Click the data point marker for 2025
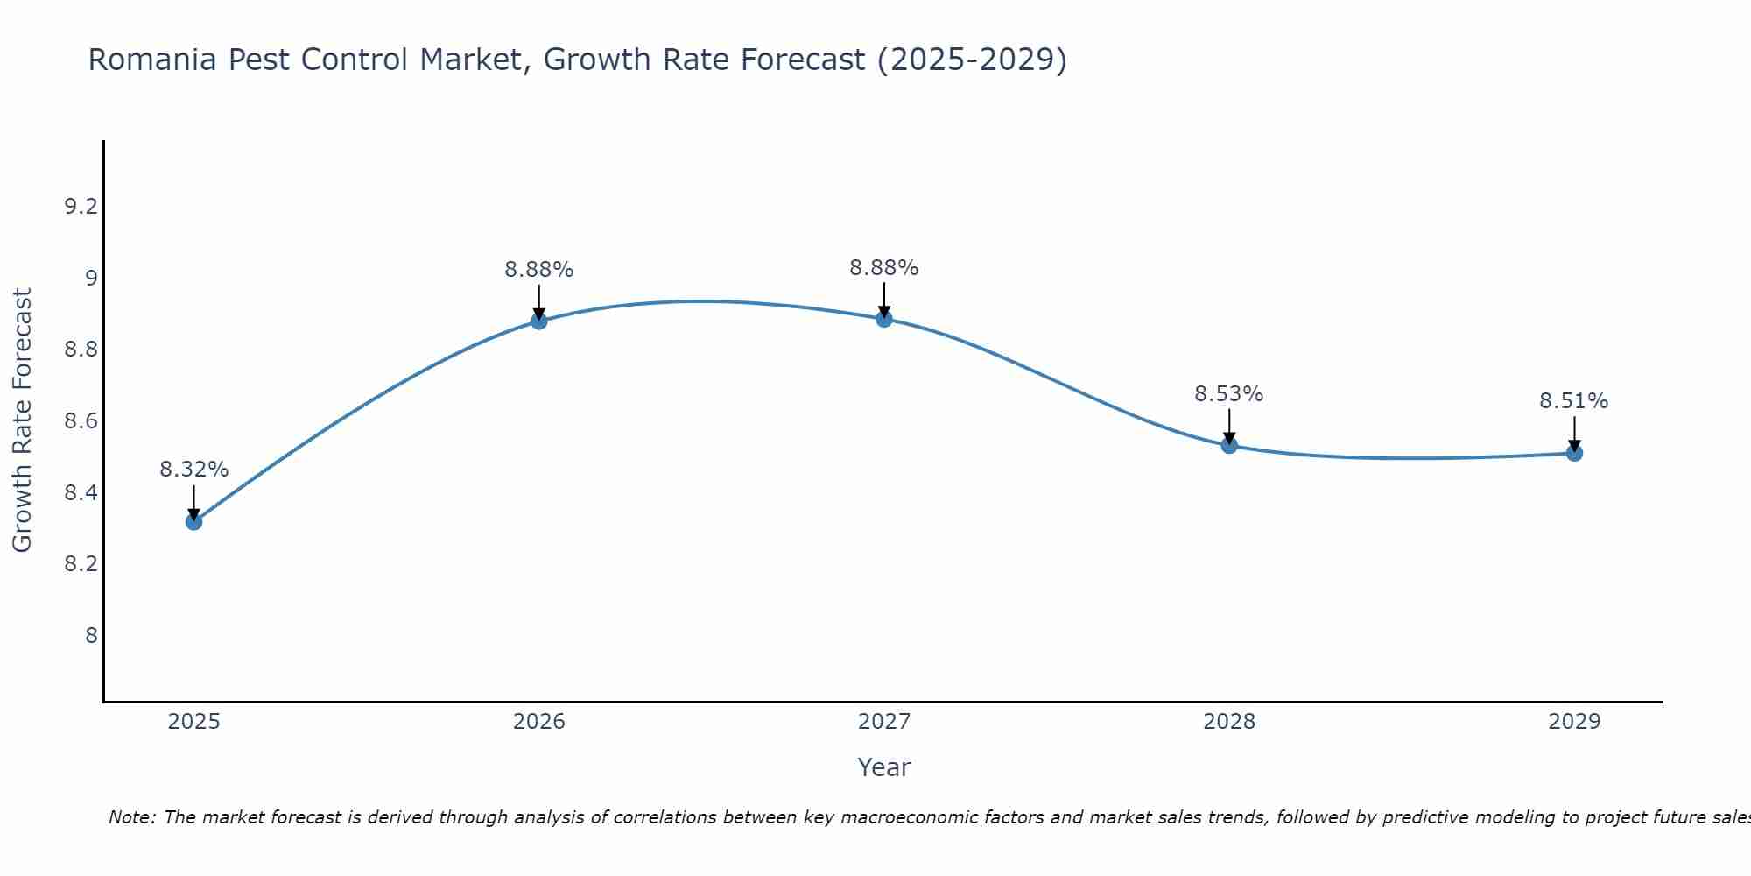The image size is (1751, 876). tap(193, 522)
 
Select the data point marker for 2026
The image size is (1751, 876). tap(538, 321)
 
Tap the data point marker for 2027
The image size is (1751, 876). tap(884, 319)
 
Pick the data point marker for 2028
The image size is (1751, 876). tap(1229, 446)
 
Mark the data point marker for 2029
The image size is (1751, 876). tap(1574, 453)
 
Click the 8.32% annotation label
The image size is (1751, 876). tap(193, 470)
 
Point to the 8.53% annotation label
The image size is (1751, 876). tap(1229, 394)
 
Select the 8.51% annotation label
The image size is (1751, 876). tap(1574, 401)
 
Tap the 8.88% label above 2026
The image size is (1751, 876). tap(538, 270)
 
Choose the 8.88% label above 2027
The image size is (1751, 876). tap(884, 268)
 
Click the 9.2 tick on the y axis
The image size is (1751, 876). tap(81, 207)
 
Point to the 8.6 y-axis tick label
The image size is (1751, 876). tap(81, 421)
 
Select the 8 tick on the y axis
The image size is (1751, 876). tap(91, 635)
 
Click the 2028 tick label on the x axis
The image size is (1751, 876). tap(1229, 722)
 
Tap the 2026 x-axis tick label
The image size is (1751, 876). tap(538, 722)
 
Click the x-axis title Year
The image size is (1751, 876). tap(884, 767)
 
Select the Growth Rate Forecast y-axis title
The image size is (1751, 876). tap(22, 420)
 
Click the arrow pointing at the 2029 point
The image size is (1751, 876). tap(1574, 433)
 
